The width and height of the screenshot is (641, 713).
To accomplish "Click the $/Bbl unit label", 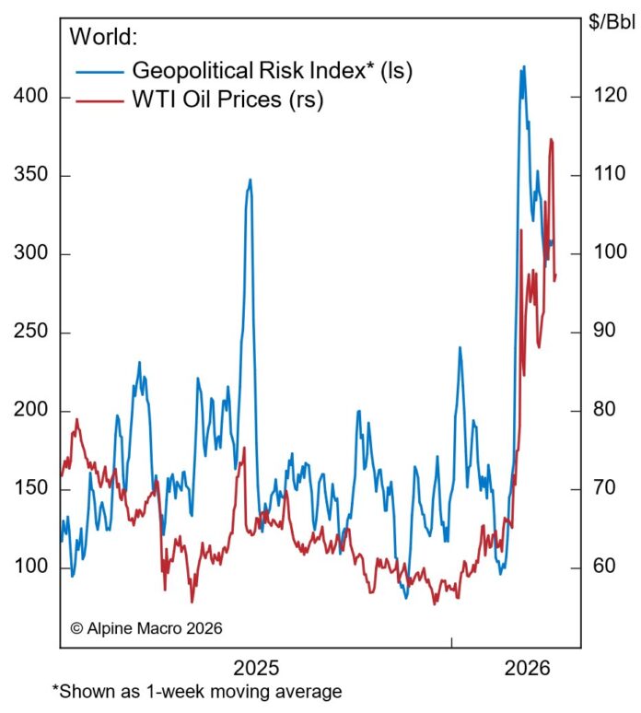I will [612, 22].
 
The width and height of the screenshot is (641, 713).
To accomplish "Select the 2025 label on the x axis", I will [257, 667].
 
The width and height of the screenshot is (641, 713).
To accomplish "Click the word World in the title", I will [102, 38].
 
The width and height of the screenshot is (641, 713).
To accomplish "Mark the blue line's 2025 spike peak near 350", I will [250, 181].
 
